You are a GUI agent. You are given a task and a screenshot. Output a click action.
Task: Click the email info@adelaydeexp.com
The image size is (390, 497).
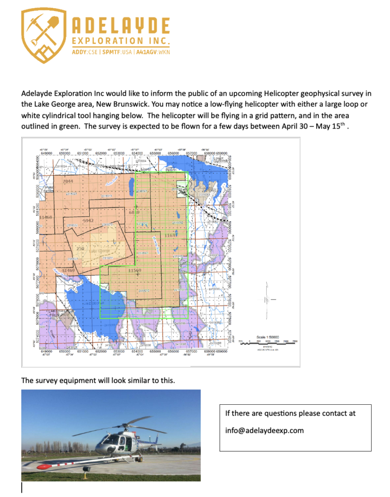tap(264, 430)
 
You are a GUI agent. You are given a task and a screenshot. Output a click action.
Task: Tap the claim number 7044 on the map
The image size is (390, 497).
tap(67, 181)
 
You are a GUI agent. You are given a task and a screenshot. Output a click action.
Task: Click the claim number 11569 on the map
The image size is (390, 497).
tap(134, 269)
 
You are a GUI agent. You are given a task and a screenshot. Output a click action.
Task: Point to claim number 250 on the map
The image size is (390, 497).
tap(81, 248)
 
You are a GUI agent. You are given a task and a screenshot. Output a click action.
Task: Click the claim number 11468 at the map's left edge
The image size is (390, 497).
tap(47, 217)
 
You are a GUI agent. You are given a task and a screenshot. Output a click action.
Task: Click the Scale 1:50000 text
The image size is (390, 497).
tap(267, 336)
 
